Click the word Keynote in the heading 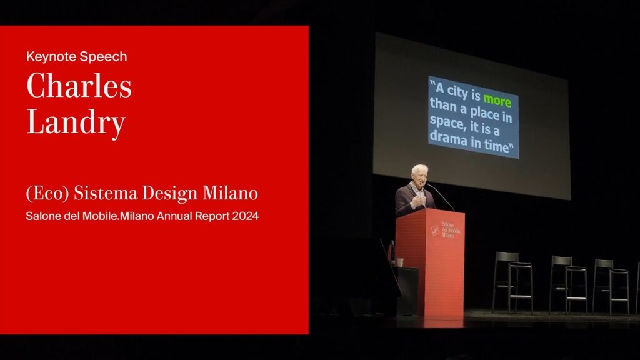coord(51,57)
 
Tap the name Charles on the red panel coord(79,86)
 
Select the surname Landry coord(76,122)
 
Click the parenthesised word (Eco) coord(47,194)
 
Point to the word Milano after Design coord(230,192)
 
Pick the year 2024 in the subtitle coord(245,216)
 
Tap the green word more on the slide coord(497,100)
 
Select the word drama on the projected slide coord(448,138)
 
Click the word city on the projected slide coord(459,91)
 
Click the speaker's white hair coord(419,169)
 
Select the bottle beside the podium coord(392,251)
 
